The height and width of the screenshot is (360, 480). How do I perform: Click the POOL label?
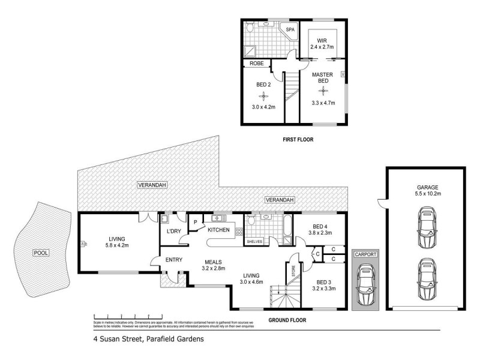(x=41, y=253)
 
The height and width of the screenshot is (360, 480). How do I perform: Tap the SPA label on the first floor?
(x=290, y=29)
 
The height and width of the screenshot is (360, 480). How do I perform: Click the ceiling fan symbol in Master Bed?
(x=323, y=91)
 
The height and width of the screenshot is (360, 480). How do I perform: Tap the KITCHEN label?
(x=219, y=230)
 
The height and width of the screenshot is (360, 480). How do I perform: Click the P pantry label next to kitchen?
(x=195, y=222)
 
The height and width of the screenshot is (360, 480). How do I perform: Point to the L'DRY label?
(x=173, y=231)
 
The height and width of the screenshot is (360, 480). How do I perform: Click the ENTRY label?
(x=174, y=260)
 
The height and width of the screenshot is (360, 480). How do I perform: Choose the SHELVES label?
(x=255, y=242)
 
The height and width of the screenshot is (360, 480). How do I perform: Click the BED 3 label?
(x=323, y=282)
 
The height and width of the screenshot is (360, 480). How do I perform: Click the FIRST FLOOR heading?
(x=298, y=140)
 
